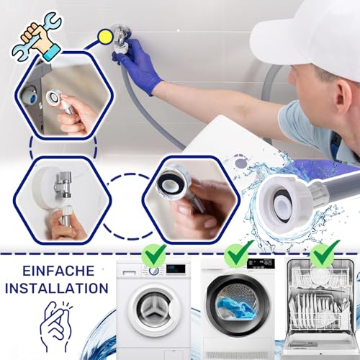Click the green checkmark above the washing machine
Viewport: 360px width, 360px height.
coord(153,254)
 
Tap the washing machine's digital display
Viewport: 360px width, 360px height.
coord(176,268)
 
